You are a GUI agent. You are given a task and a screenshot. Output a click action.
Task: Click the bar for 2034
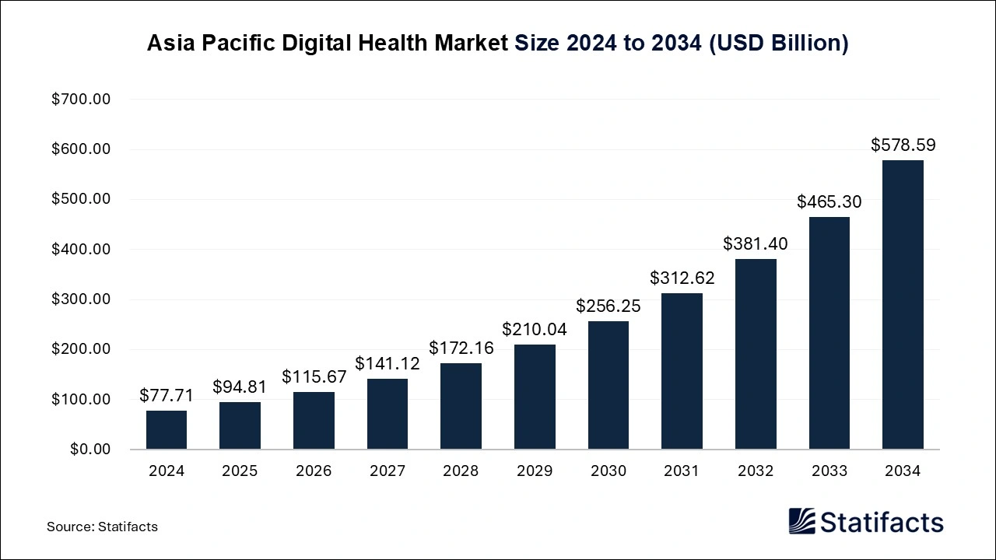tap(903, 305)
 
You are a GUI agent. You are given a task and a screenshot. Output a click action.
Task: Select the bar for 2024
tap(167, 430)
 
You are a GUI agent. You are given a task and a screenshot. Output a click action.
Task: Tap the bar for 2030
tap(608, 385)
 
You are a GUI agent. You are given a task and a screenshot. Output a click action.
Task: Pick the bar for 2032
tap(756, 354)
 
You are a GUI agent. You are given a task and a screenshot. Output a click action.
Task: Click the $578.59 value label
tap(903, 145)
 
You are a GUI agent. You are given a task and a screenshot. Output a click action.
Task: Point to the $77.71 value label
tap(167, 395)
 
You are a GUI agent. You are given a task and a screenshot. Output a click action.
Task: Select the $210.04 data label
tap(535, 329)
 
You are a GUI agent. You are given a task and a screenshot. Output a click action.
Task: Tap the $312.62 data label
tap(682, 278)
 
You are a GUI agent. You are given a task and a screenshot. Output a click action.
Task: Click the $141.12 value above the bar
tap(388, 363)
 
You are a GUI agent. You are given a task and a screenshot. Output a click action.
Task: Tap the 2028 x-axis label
tap(461, 471)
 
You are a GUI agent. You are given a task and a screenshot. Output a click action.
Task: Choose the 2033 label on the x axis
tap(829, 471)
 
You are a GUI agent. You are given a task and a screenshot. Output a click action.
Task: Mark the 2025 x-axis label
tap(240, 471)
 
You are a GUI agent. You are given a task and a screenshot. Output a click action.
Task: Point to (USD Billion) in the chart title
tap(778, 44)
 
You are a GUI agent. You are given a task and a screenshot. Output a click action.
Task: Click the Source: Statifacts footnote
tap(102, 527)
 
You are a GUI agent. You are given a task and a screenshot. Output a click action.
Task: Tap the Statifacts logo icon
tap(802, 521)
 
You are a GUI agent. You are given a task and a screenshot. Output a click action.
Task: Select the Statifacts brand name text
tap(882, 522)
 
